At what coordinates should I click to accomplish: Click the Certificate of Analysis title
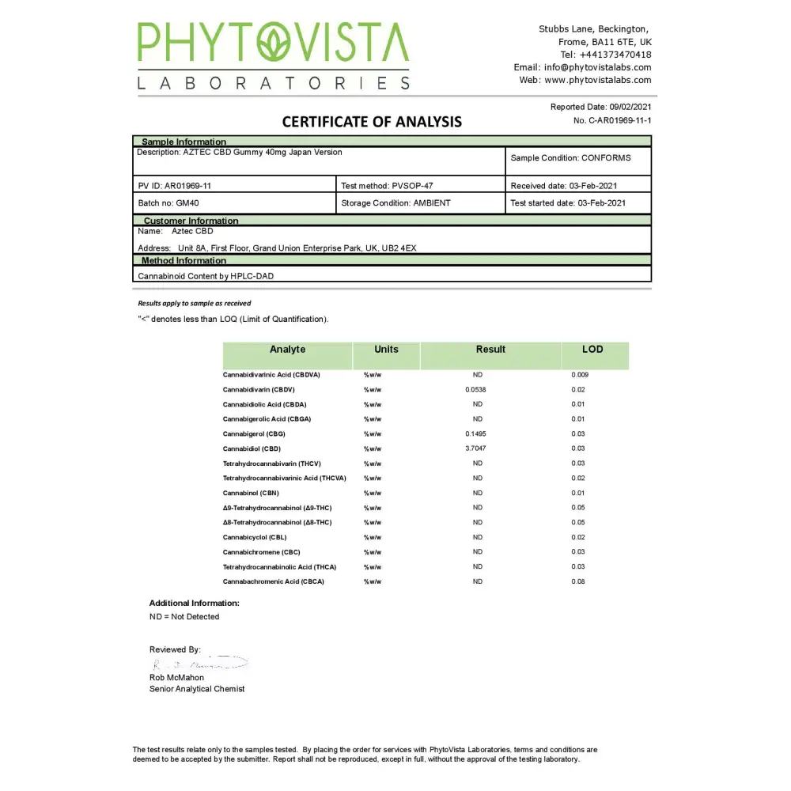point(372,122)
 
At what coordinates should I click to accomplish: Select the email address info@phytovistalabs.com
point(597,67)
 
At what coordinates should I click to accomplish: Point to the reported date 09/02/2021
point(630,107)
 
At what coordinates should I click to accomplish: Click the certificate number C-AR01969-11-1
point(619,120)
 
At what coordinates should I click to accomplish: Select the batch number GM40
point(187,203)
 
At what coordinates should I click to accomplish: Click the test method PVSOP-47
point(412,186)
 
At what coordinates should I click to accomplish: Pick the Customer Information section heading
point(191,221)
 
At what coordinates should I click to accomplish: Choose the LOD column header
point(592,350)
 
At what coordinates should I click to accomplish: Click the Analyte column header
point(287,350)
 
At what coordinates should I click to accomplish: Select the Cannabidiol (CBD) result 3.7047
point(477,448)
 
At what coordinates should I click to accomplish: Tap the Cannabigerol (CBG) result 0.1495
point(477,434)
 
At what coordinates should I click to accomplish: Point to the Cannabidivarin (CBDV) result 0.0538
point(476,390)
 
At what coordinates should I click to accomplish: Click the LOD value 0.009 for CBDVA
point(580,375)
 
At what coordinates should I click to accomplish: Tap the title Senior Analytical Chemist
point(197,689)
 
